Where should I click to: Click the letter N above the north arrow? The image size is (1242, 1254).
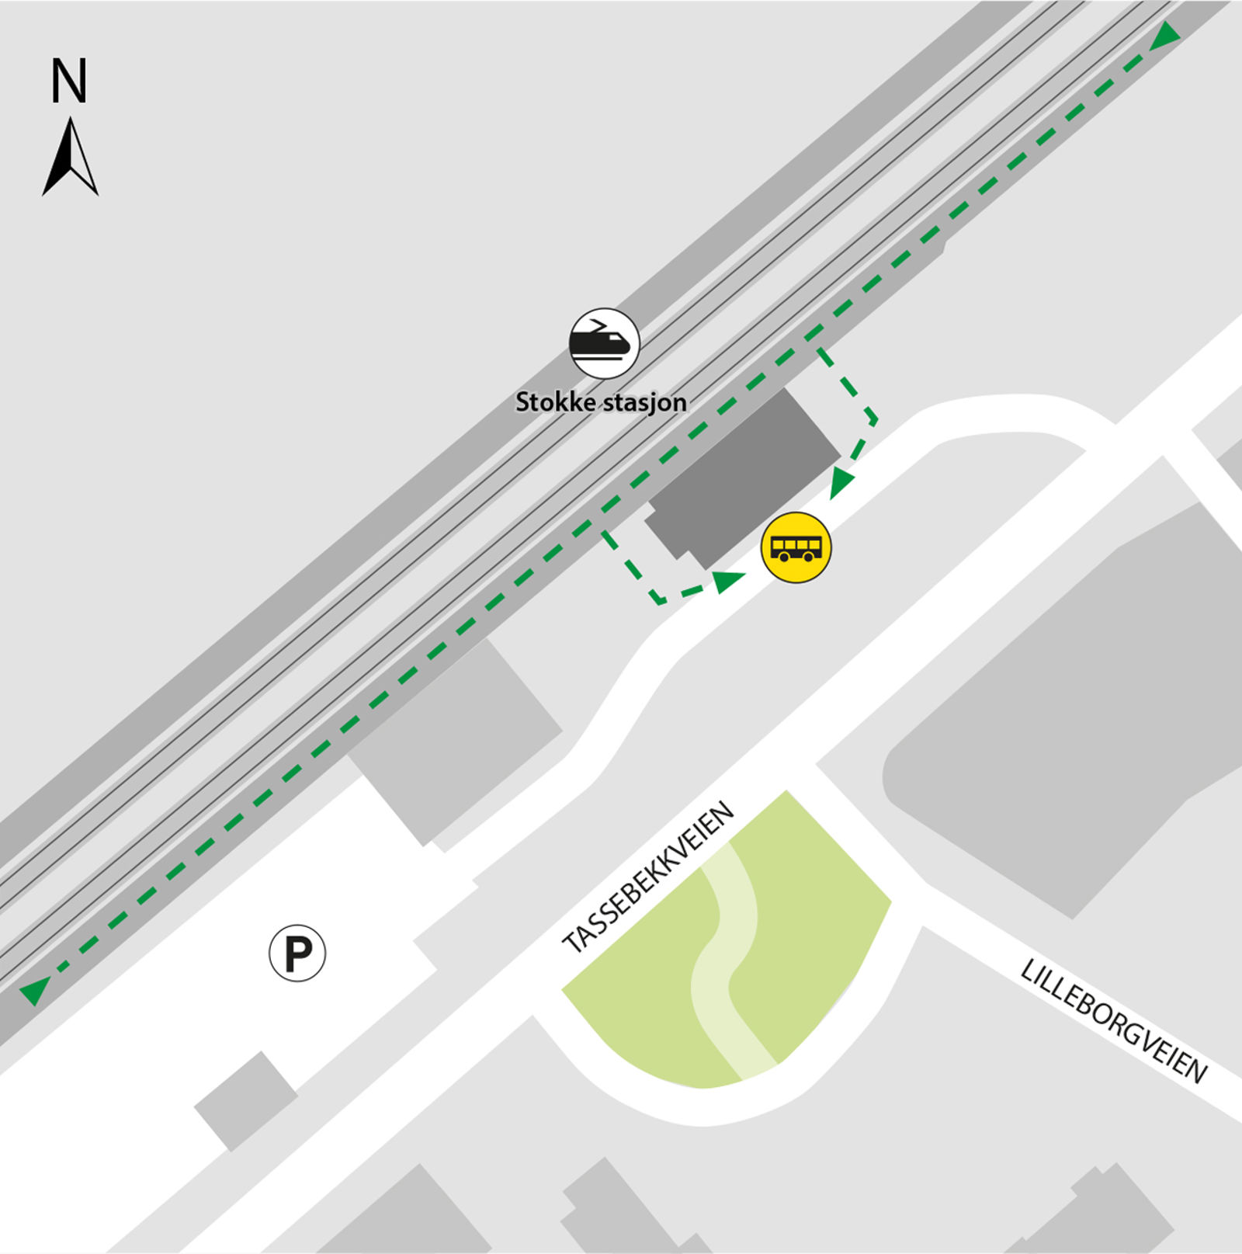(x=68, y=81)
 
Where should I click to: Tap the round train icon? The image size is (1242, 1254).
(x=605, y=343)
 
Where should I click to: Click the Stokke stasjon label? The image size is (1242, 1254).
(x=601, y=402)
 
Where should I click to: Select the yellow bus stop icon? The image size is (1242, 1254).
(x=796, y=547)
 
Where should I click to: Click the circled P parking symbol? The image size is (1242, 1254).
(x=297, y=953)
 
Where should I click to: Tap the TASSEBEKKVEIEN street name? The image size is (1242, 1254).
(x=648, y=877)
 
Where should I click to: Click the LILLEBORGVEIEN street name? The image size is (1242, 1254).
(x=1113, y=1020)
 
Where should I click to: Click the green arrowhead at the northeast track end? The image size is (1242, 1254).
(x=1164, y=36)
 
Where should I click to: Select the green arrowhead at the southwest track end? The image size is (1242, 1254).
(x=34, y=990)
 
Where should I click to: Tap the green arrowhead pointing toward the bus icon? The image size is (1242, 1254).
(x=728, y=580)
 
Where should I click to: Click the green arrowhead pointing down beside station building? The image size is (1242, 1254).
(x=841, y=484)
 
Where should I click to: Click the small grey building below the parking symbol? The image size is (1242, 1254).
(x=245, y=1101)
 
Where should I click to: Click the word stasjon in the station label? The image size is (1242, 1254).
(x=644, y=402)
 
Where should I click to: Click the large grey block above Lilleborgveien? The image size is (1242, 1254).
(x=1071, y=722)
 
